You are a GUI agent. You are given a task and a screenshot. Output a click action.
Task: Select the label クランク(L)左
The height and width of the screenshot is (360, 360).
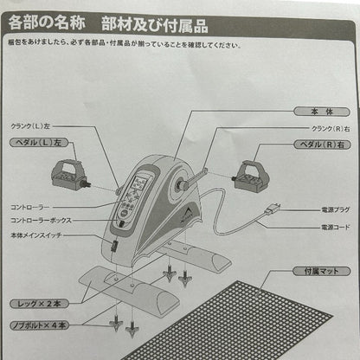tap(35, 126)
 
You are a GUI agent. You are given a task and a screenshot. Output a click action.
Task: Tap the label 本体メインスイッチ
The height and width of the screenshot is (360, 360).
tap(37, 235)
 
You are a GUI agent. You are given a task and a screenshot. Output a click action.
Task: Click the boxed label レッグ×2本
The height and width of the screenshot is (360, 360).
tap(38, 305)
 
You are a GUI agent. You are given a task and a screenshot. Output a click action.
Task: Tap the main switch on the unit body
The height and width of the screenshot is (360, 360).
tap(114, 247)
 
